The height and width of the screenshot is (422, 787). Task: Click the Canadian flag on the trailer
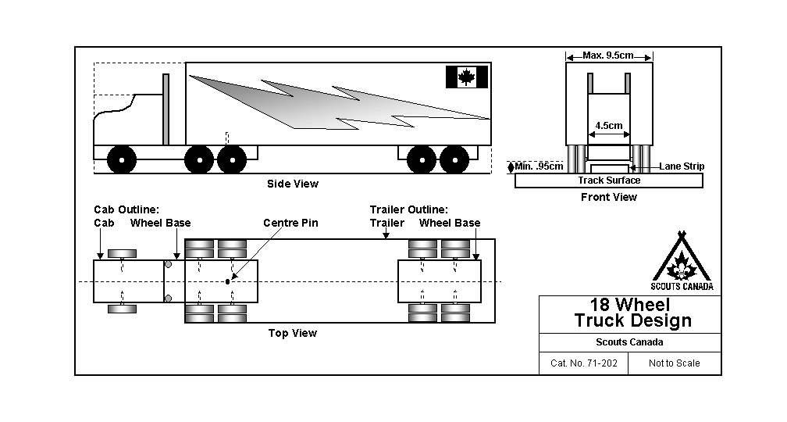point(466,77)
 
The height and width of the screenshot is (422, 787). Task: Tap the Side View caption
point(293,184)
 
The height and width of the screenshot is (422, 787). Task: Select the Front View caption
point(608,197)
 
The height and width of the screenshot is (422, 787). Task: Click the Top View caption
point(293,333)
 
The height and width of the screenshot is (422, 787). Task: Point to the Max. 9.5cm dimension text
point(608,55)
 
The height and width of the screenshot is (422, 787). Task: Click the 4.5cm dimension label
point(609,125)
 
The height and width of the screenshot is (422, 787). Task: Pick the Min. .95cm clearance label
point(540,166)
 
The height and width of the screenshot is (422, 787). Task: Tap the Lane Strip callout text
point(682,166)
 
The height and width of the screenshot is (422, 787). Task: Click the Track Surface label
point(609,181)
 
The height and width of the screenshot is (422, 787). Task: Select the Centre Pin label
point(290,224)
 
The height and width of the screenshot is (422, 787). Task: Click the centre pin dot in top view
point(228,281)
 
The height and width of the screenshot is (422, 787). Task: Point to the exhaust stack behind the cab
point(166,109)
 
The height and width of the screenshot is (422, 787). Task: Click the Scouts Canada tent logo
point(682,262)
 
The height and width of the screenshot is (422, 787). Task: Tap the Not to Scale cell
point(675,363)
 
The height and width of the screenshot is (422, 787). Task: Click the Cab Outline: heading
point(126,209)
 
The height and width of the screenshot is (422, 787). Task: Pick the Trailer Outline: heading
point(409,209)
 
